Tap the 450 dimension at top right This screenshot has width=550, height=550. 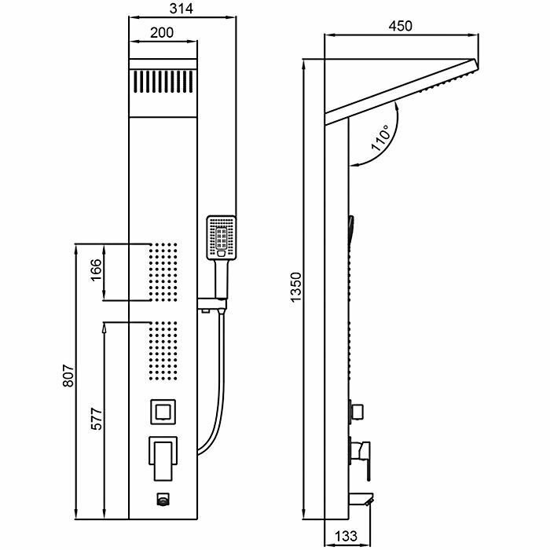[400, 24]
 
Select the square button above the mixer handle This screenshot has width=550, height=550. [163, 411]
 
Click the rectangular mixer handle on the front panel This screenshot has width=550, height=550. [163, 456]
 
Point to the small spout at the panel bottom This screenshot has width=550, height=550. [163, 498]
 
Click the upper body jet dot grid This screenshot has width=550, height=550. [163, 272]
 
